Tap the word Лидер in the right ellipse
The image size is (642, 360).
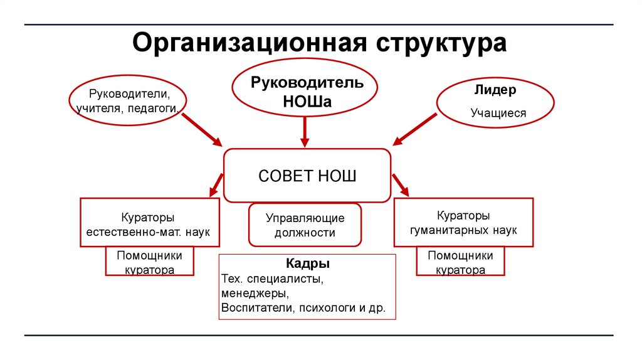click(495, 90)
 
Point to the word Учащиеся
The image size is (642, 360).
click(498, 114)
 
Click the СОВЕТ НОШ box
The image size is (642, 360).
click(307, 176)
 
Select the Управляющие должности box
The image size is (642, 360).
click(305, 225)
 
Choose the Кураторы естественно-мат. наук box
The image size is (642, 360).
click(149, 222)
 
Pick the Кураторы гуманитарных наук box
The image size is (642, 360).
click(463, 222)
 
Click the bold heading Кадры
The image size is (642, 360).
click(307, 263)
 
